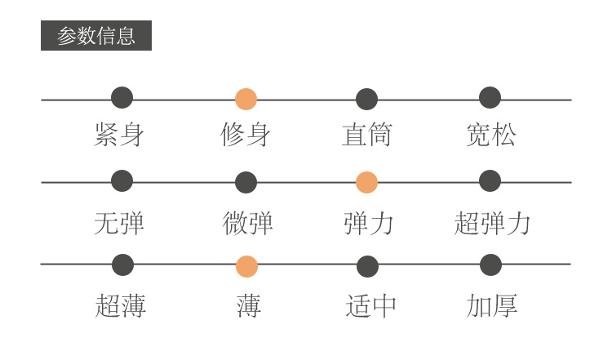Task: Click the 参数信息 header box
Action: pyautogui.click(x=96, y=36)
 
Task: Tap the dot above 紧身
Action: pyautogui.click(x=122, y=98)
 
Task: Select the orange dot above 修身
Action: pyautogui.click(x=246, y=99)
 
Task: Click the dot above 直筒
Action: pyautogui.click(x=367, y=100)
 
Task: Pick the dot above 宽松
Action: pyautogui.click(x=490, y=98)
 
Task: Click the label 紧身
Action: pyautogui.click(x=119, y=135)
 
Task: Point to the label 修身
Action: pyautogui.click(x=246, y=135)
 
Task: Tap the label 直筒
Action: pyautogui.click(x=367, y=135)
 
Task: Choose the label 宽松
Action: pyautogui.click(x=491, y=135)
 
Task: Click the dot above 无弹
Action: pyautogui.click(x=122, y=180)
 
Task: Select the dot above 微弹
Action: pyautogui.click(x=246, y=183)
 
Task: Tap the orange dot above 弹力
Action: pyautogui.click(x=367, y=183)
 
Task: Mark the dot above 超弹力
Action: pyautogui.click(x=490, y=180)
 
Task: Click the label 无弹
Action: pyautogui.click(x=119, y=223)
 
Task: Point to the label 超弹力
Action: pyautogui.click(x=492, y=223)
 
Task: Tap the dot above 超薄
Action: pyautogui.click(x=122, y=264)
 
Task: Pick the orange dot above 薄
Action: pyautogui.click(x=246, y=266)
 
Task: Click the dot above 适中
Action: pyautogui.click(x=368, y=266)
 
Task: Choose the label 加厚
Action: pyautogui.click(x=492, y=306)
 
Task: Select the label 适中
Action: pyautogui.click(x=371, y=306)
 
